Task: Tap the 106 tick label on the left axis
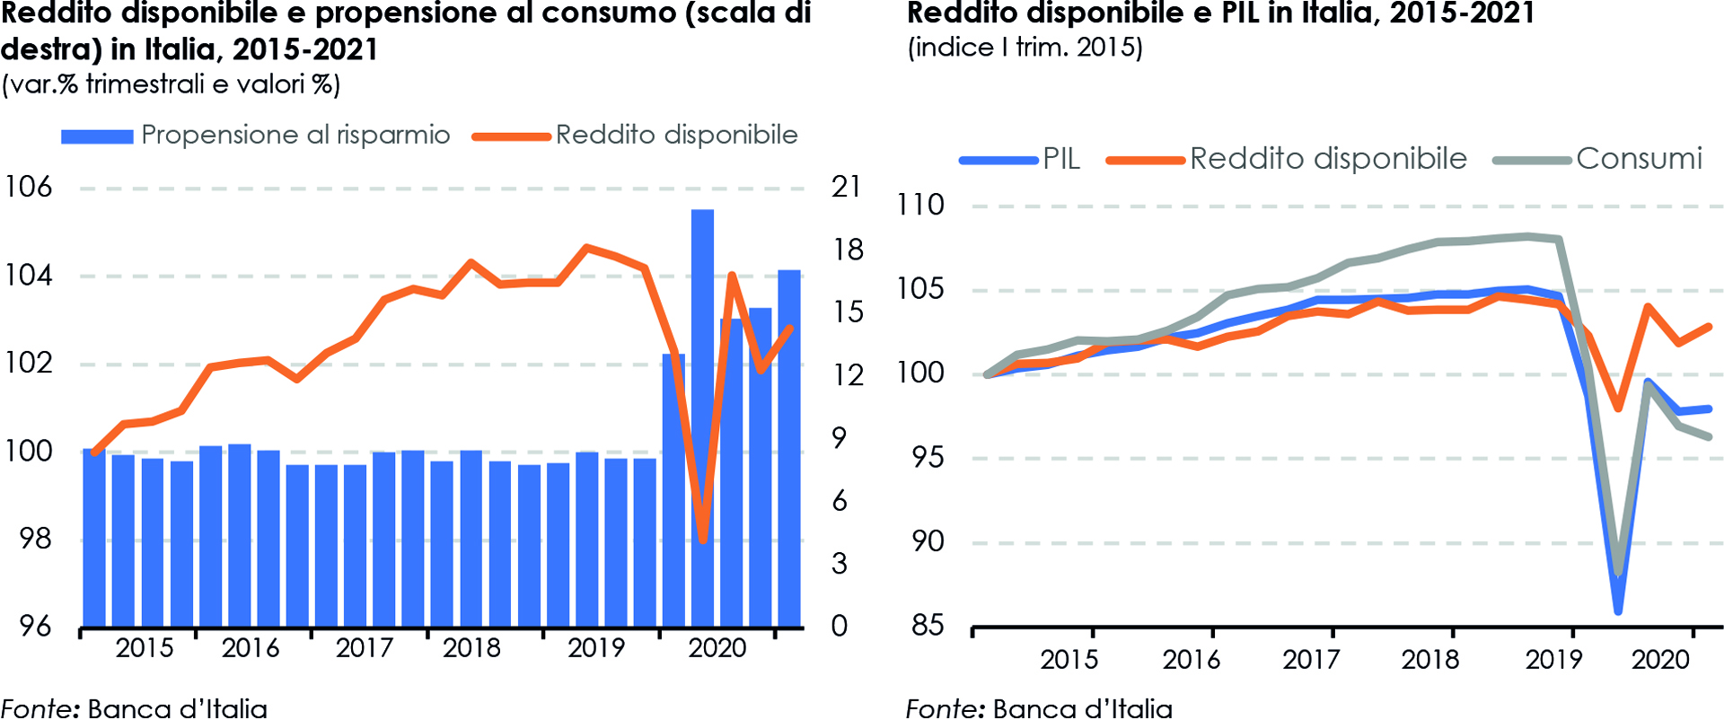(x=29, y=187)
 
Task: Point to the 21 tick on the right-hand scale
(x=847, y=187)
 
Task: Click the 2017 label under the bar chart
(x=364, y=648)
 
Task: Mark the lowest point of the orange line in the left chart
(x=703, y=540)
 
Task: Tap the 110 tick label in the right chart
(x=921, y=205)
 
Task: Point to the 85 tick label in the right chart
(x=928, y=625)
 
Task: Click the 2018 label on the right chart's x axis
(x=1430, y=660)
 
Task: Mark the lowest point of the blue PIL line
(x=1618, y=611)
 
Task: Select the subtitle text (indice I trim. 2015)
(x=1025, y=48)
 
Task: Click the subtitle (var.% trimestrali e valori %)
(x=171, y=84)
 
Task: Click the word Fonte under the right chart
(x=944, y=708)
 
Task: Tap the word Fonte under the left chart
(x=40, y=708)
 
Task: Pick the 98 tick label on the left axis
(x=36, y=539)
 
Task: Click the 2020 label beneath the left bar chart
(x=717, y=648)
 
